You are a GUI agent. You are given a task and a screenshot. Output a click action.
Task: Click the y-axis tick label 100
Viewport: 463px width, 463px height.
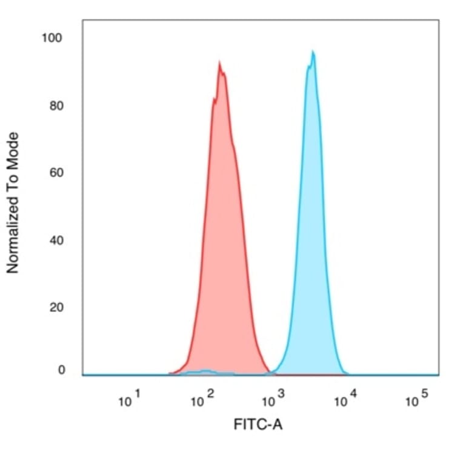pyautogui.click(x=52, y=38)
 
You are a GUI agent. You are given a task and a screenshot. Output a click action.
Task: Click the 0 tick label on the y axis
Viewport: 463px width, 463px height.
pyautogui.click(x=61, y=370)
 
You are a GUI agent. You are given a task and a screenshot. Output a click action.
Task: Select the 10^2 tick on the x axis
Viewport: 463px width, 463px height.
pyautogui.click(x=202, y=399)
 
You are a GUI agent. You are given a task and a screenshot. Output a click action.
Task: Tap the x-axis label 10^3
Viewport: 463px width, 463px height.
pyautogui.click(x=272, y=399)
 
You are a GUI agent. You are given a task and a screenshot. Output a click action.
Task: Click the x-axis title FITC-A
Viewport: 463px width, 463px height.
pyautogui.click(x=258, y=425)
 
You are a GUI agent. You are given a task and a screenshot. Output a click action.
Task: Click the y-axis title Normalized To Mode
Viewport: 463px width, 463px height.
pyautogui.click(x=13, y=203)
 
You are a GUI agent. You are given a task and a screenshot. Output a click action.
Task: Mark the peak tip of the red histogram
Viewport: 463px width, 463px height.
pyautogui.click(x=219, y=62)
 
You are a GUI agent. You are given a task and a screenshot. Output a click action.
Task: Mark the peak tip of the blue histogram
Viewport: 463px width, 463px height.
pyautogui.click(x=313, y=52)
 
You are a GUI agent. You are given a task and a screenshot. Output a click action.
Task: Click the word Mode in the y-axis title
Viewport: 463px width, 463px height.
pyautogui.click(x=13, y=149)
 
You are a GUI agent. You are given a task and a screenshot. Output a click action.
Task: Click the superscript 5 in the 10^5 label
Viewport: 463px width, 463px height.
pyautogui.click(x=424, y=395)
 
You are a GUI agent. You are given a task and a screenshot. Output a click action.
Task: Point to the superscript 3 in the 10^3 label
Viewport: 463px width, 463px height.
pyautogui.click(x=281, y=395)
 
